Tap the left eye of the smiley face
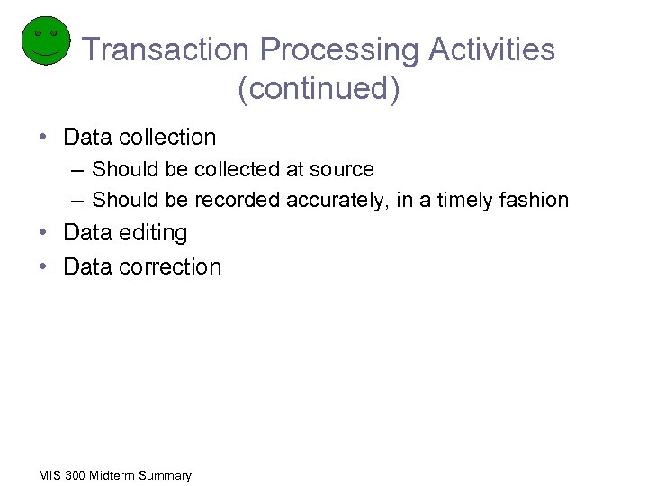click(x=37, y=33)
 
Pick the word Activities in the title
click(x=492, y=50)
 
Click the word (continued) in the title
click(x=319, y=89)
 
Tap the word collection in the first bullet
click(x=167, y=138)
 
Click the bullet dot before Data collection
click(x=44, y=138)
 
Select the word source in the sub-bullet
click(x=342, y=169)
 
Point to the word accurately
click(x=337, y=200)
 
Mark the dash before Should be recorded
click(x=79, y=200)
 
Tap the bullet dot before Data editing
click(x=44, y=233)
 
